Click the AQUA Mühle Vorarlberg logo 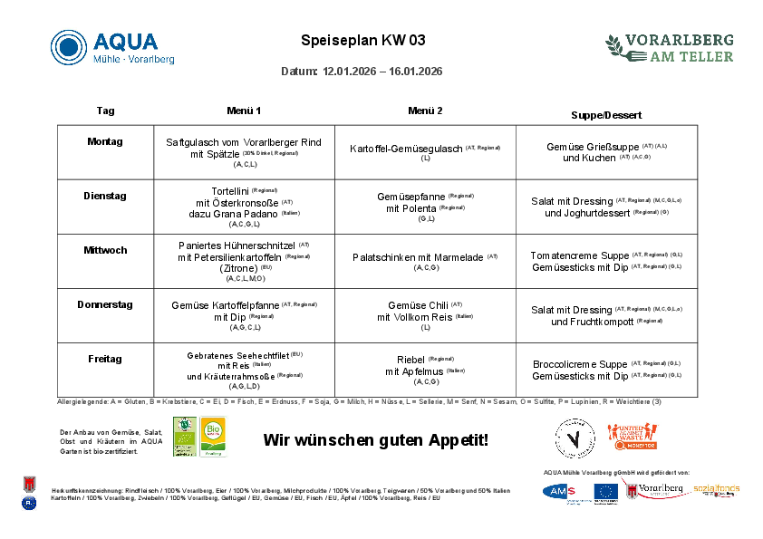[112, 47]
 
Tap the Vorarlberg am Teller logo [670, 47]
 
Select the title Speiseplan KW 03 [362, 41]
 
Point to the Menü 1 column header [244, 111]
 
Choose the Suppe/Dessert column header [606, 115]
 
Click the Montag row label [105, 141]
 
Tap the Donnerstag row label [105, 304]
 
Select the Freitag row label [105, 359]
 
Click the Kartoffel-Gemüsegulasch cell [406, 149]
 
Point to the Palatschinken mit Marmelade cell [418, 257]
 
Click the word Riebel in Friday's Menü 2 [410, 360]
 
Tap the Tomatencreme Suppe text [580, 255]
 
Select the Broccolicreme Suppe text [580, 364]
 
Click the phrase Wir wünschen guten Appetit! [375, 440]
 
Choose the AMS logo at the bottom [565, 491]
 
